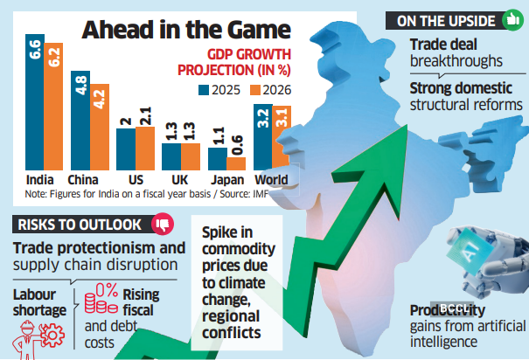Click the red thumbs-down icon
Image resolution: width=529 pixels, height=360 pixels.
tap(162, 224)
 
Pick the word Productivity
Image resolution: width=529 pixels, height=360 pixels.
tap(449, 310)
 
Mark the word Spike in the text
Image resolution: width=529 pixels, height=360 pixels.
tap(222, 233)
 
